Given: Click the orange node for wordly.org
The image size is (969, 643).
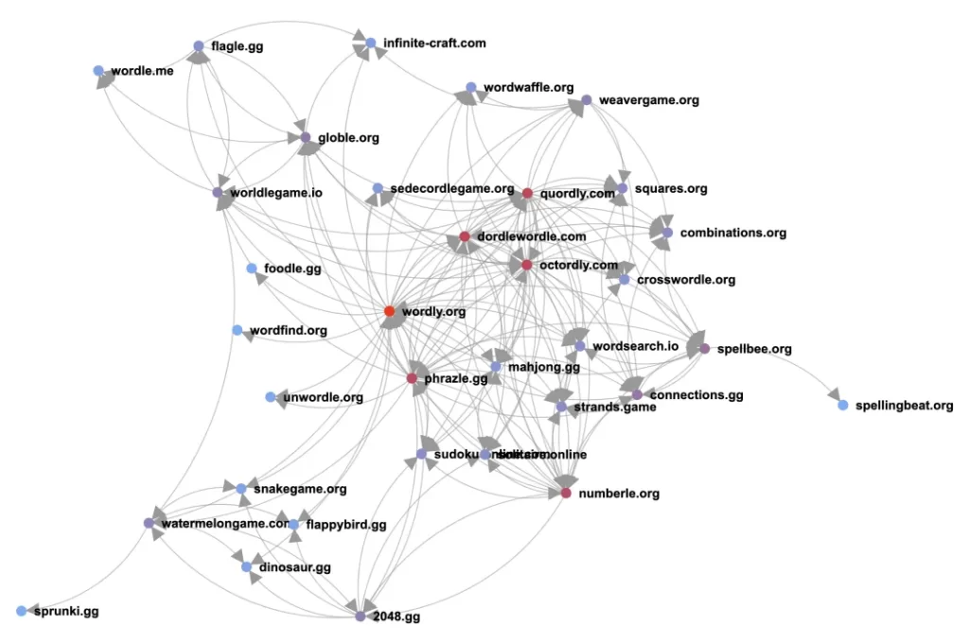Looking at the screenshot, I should pos(389,311).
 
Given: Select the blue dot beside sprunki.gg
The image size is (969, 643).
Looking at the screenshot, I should pos(21,611).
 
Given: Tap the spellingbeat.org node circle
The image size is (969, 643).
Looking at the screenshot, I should pos(842,405).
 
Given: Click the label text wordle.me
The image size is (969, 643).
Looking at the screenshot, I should pos(142,71).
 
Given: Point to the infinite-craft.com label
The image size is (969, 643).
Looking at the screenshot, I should pos(434,43).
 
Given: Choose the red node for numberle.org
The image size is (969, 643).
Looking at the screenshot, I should pos(566,493).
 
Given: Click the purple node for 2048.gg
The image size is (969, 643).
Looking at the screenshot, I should pos(361,617).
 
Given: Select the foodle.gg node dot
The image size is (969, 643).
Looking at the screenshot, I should pos(252,269).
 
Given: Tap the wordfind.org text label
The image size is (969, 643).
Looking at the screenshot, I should pos(289,330).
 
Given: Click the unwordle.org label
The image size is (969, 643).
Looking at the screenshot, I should pos(323,397).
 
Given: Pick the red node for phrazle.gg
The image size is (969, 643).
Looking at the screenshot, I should pos(412,378).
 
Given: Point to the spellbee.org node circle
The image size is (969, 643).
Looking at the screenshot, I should pos(704,348).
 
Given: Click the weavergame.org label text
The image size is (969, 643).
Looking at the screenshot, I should pos(649,100).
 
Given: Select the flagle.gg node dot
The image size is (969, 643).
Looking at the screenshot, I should pos(199,45).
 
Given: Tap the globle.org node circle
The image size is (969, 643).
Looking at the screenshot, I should pos(306,137).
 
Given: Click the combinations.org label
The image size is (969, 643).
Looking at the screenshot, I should pos(733,233).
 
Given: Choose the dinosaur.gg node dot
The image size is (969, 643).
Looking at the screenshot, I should pos(247,567).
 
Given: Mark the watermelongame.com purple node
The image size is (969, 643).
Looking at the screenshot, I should pos(149,523).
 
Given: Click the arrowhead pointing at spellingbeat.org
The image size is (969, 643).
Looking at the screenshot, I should pos(832,393).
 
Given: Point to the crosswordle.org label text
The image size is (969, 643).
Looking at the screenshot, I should pos(686,280).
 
